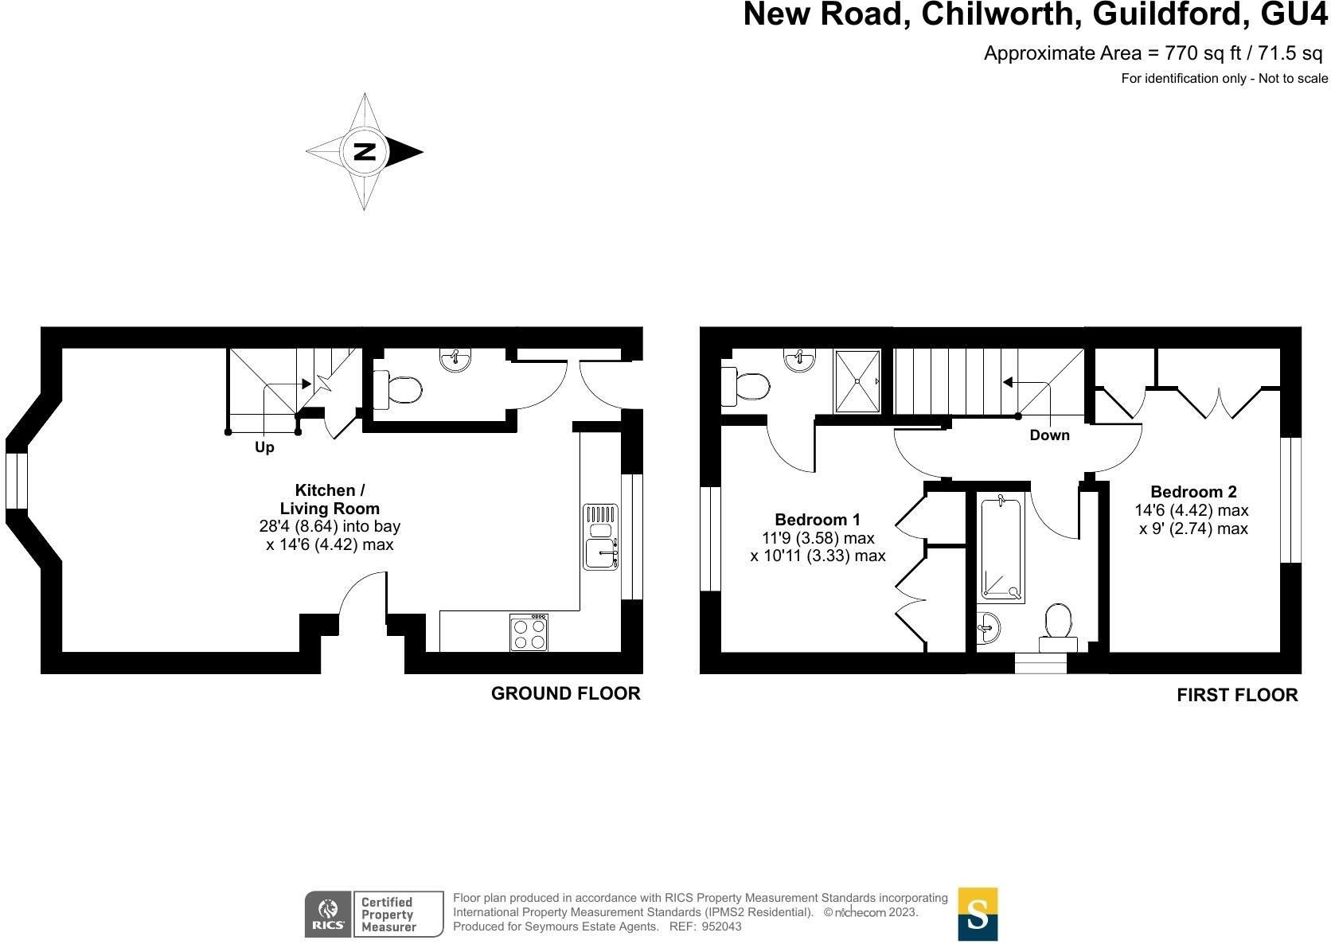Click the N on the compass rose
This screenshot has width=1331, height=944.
tap(365, 151)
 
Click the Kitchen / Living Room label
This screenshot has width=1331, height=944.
tap(330, 499)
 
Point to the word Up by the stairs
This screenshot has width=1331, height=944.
tap(264, 447)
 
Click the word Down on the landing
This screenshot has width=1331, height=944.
tap(1049, 435)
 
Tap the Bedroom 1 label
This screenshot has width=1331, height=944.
tap(818, 520)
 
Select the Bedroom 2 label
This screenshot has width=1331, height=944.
tap(1193, 492)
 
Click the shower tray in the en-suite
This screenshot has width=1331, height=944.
tap(857, 381)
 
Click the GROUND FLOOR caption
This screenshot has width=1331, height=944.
tap(565, 693)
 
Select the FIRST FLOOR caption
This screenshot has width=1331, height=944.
tap(1237, 695)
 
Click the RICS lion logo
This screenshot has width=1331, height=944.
tap(327, 914)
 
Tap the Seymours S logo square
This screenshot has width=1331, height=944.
tap(978, 914)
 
